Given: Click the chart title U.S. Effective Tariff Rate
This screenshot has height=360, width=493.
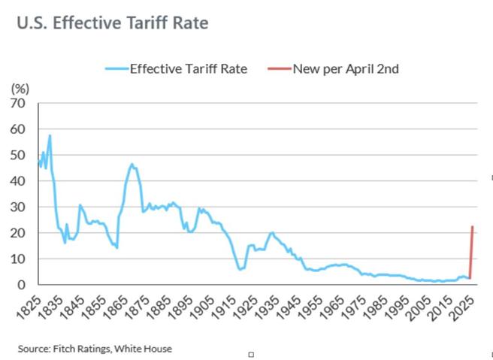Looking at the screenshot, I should (112, 23).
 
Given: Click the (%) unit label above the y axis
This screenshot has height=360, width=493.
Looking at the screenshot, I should (20, 88).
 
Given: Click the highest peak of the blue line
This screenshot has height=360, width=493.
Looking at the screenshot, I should (50, 136).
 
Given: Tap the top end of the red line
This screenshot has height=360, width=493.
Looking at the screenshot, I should (472, 227).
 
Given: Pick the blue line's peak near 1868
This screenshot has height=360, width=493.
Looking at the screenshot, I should (132, 164).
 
